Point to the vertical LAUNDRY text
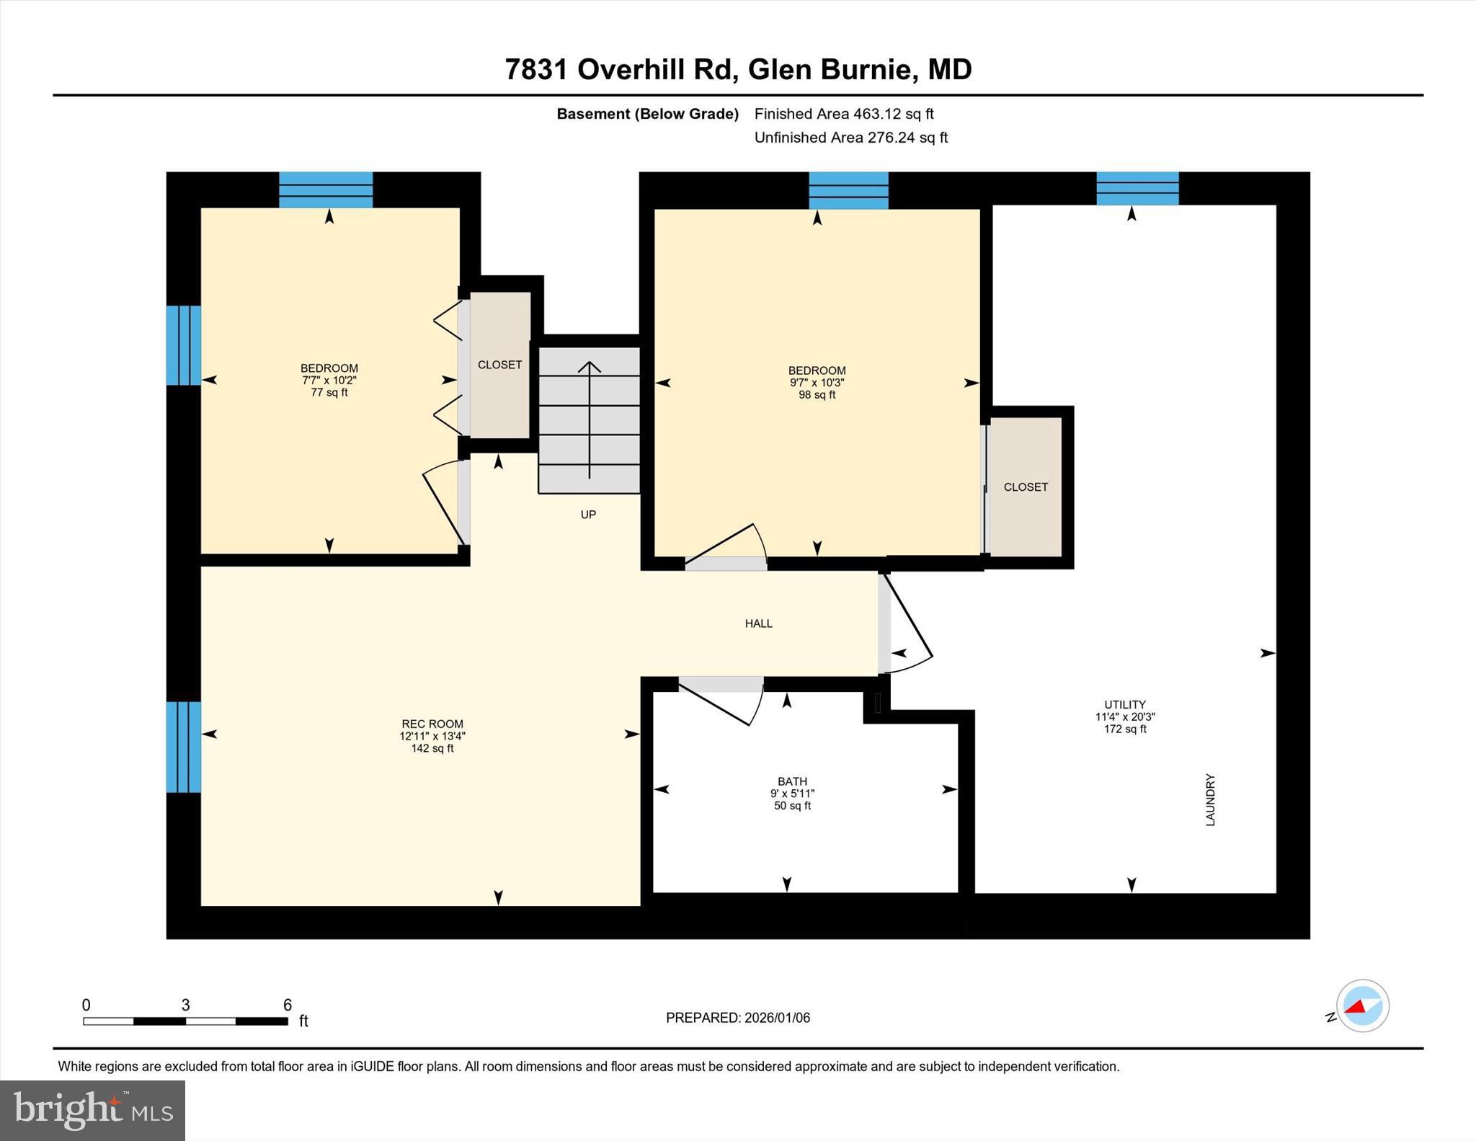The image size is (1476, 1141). point(1211,800)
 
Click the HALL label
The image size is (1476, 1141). point(759,623)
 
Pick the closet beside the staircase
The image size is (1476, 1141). point(500,365)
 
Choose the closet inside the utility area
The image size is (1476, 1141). point(1026,487)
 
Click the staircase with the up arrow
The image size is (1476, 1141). point(590,420)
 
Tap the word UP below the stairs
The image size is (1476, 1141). point(588,515)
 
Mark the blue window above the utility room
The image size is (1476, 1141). point(1137,189)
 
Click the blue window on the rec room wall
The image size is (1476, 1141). point(184,747)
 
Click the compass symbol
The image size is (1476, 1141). point(1362,1006)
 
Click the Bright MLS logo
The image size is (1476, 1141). point(92,1110)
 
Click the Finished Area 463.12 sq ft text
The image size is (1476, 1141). point(844,114)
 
